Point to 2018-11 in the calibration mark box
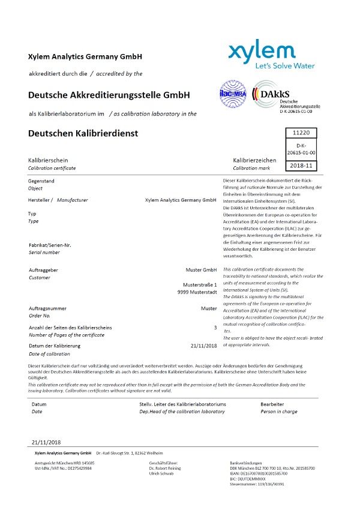(x=301, y=165)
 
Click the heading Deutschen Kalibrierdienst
(x=83, y=133)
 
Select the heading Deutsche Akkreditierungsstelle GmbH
(x=109, y=95)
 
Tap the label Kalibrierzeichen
(x=254, y=160)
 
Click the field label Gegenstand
(x=41, y=181)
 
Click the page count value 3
(x=215, y=328)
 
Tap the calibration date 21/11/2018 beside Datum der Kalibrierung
(x=203, y=346)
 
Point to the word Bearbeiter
(x=272, y=404)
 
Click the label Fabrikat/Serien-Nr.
(x=50, y=245)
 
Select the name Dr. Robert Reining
(x=165, y=468)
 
